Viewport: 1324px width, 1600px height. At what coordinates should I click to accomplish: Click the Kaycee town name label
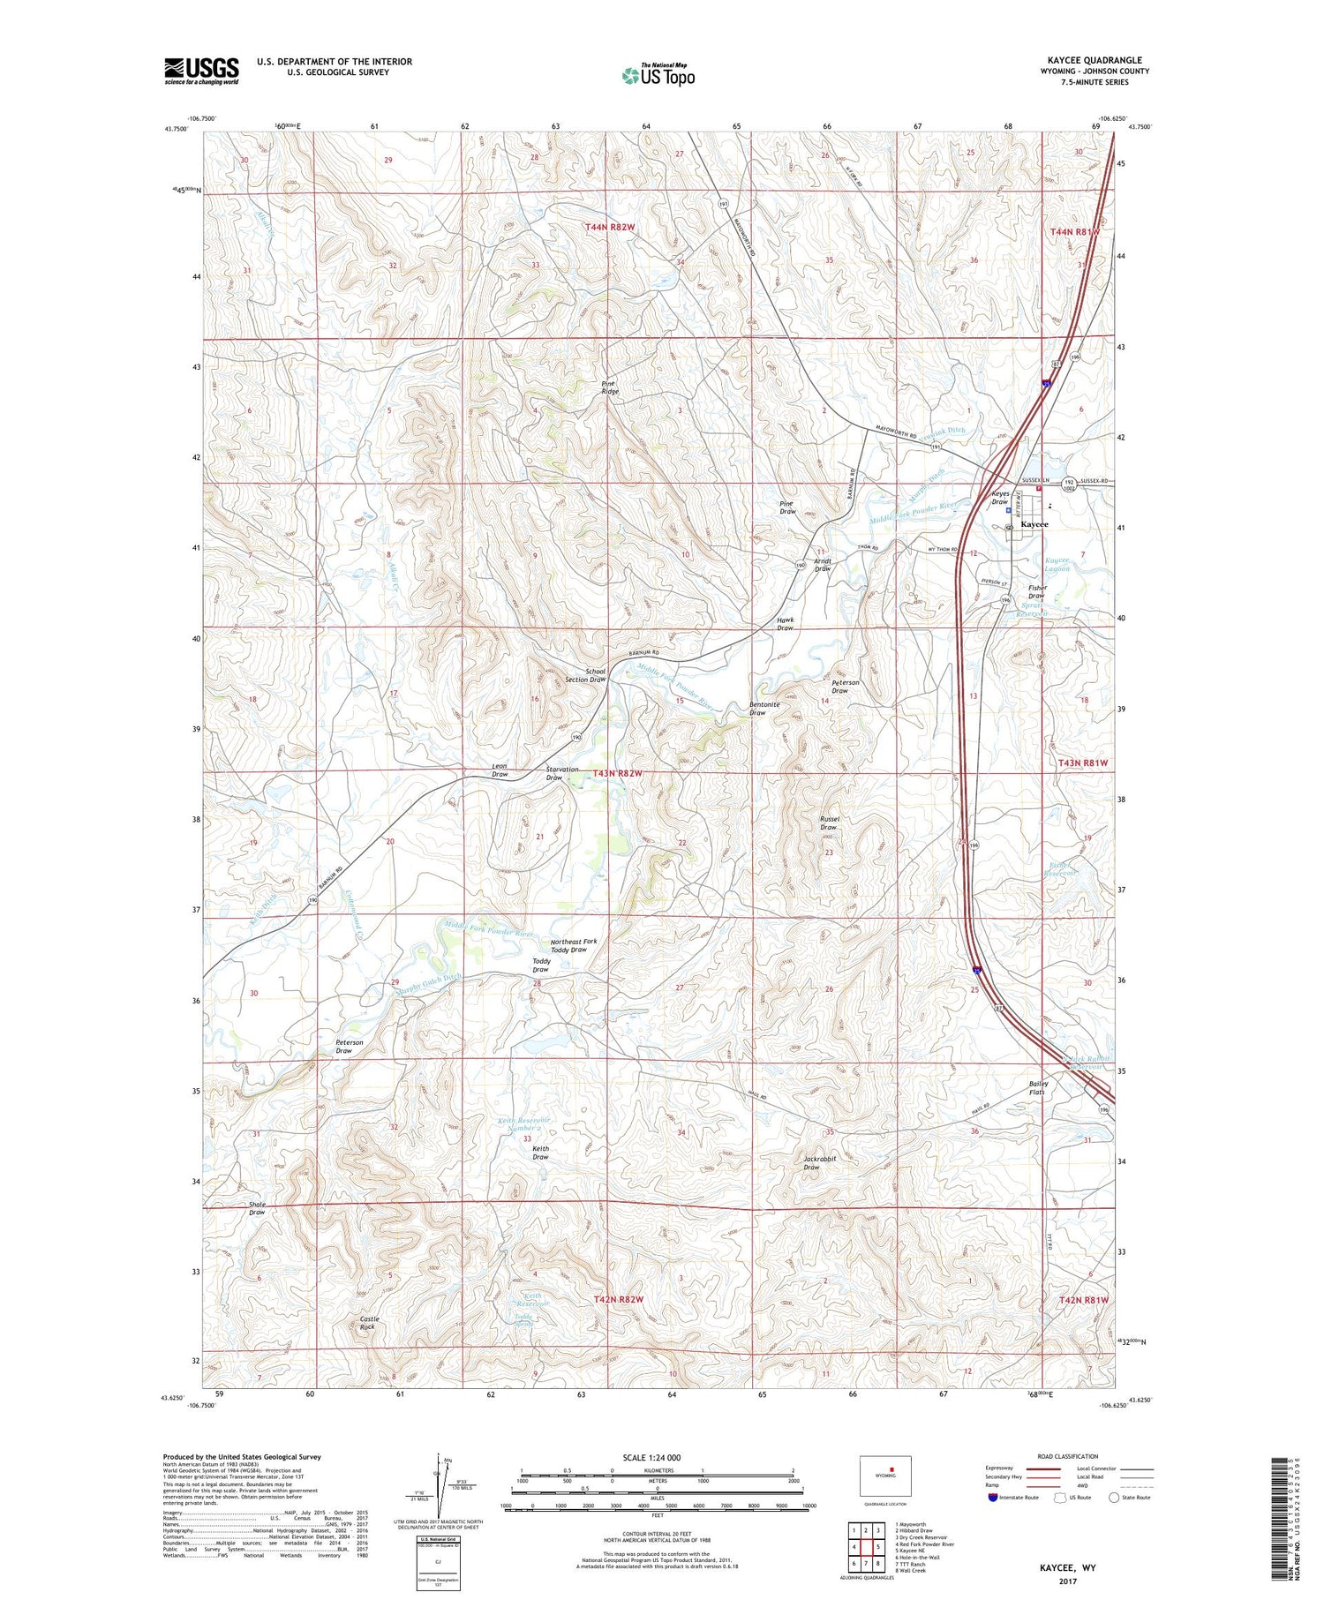click(x=1034, y=524)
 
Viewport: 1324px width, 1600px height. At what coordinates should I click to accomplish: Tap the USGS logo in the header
click(x=201, y=71)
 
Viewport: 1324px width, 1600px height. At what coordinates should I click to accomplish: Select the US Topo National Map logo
click(x=658, y=75)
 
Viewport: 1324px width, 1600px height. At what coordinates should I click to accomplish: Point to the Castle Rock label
click(x=368, y=1323)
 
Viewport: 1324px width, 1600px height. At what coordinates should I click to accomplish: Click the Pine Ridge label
click(x=610, y=387)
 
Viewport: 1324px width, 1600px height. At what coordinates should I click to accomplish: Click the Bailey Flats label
click(x=1038, y=1088)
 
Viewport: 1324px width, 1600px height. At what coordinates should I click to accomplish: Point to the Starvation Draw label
click(x=562, y=773)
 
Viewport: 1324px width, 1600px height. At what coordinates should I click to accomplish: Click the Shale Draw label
click(x=257, y=1208)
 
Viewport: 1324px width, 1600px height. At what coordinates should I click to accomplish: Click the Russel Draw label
click(x=829, y=823)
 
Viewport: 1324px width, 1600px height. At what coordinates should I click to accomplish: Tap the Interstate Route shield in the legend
click(x=993, y=1498)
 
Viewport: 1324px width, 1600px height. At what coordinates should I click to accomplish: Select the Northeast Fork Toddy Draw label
click(x=574, y=945)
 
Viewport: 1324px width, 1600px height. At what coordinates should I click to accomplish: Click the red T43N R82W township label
click(x=618, y=773)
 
